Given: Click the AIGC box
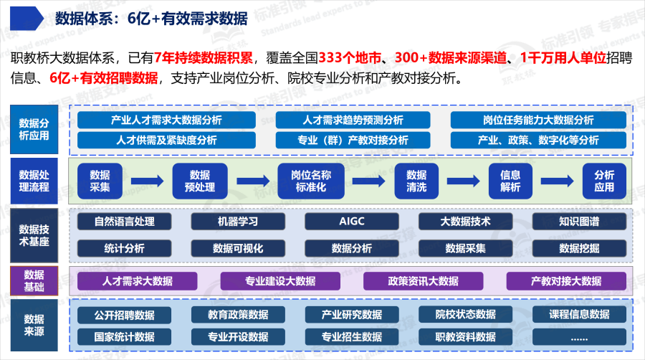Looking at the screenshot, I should pyautogui.click(x=352, y=222).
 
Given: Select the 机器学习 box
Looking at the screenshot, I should pyautogui.click(x=238, y=222).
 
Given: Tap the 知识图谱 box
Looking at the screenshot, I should pyautogui.click(x=580, y=222).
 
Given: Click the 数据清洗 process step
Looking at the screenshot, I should pyautogui.click(x=416, y=181).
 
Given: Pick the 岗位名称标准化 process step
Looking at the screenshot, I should pyautogui.click(x=312, y=181).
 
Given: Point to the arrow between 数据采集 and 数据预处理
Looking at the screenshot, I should pyautogui.click(x=148, y=181).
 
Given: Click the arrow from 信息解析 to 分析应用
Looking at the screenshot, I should pyautogui.click(x=557, y=181).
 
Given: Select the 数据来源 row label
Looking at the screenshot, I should pyautogui.click(x=34, y=326).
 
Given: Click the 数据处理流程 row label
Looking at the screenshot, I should pyautogui.click(x=34, y=181).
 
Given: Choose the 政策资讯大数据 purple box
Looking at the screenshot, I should pyautogui.click(x=423, y=281).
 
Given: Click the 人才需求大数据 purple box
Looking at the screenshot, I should pyautogui.click(x=138, y=281).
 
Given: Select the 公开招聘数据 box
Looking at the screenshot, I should pyautogui.click(x=124, y=315).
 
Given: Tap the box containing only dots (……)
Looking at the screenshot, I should pyautogui.click(x=579, y=336).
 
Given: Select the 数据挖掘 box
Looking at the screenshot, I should pyautogui.click(x=580, y=248).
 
